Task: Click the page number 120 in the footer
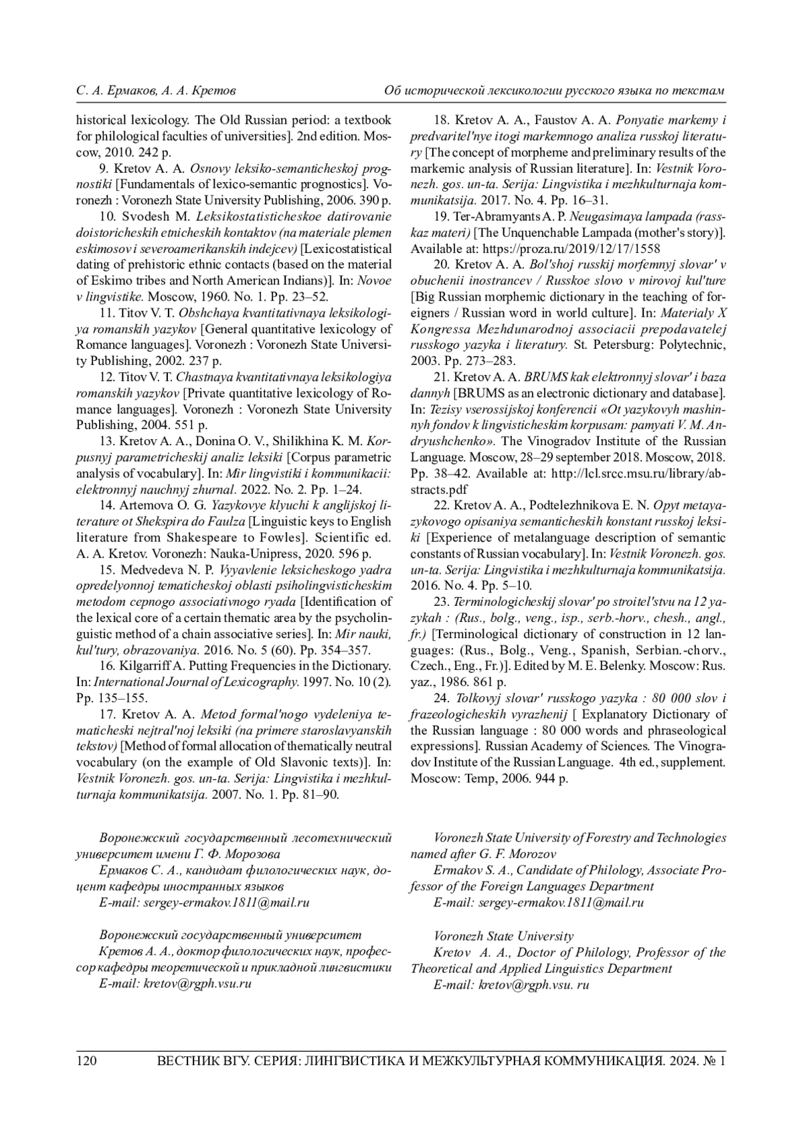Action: (x=87, y=1061)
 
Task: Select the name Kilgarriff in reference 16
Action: (x=148, y=666)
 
